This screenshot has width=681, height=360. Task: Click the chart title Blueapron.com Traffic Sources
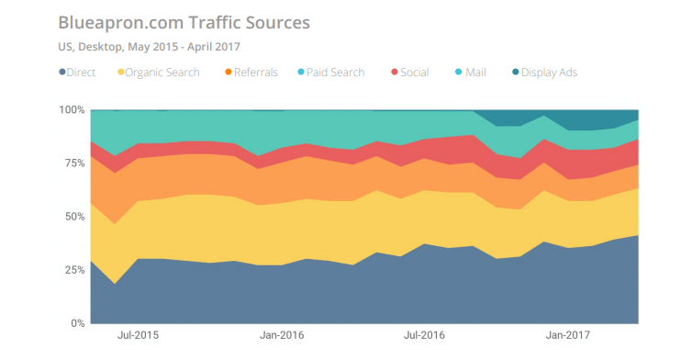pos(184,20)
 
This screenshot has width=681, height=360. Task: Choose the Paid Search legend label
pos(334,72)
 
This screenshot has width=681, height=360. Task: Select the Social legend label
pos(414,72)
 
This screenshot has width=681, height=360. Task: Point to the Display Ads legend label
pos(549,72)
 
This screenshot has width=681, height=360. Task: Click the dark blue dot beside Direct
pos(61,72)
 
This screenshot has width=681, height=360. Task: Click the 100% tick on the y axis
pos(72,110)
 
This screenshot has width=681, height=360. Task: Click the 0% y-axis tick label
pos(77,323)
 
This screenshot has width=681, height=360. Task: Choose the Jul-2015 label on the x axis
pos(137,337)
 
